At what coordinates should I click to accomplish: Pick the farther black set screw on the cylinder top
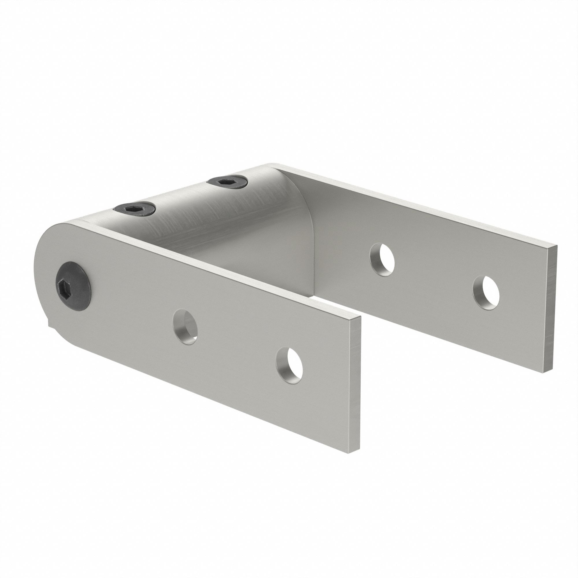228,181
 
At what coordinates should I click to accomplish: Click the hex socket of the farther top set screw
223,181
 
